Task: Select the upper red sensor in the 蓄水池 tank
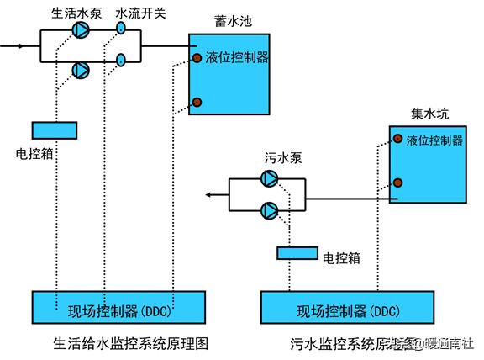coord(197,58)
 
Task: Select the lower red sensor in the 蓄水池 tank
coord(197,102)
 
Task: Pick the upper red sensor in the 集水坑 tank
coord(397,140)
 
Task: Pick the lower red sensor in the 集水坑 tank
coord(397,183)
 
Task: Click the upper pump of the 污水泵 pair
coord(269,177)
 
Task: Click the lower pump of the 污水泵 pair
coord(269,210)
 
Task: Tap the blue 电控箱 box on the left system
coord(54,130)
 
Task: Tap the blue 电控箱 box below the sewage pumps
coord(296,253)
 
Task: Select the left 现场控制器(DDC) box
coord(118,309)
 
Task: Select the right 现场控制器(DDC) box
coord(349,309)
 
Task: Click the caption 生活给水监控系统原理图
coord(129,343)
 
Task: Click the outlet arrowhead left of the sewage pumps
coord(208,195)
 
